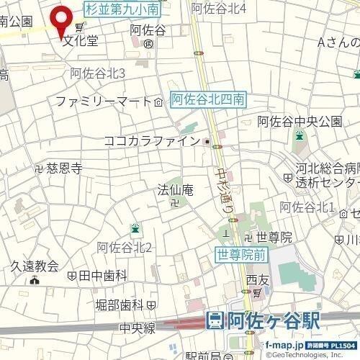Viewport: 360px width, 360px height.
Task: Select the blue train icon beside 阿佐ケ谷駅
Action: click(x=215, y=322)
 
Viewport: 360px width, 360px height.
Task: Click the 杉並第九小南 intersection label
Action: click(x=122, y=9)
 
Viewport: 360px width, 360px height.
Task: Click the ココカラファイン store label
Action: click(x=151, y=141)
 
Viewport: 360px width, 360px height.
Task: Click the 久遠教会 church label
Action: click(x=34, y=266)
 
